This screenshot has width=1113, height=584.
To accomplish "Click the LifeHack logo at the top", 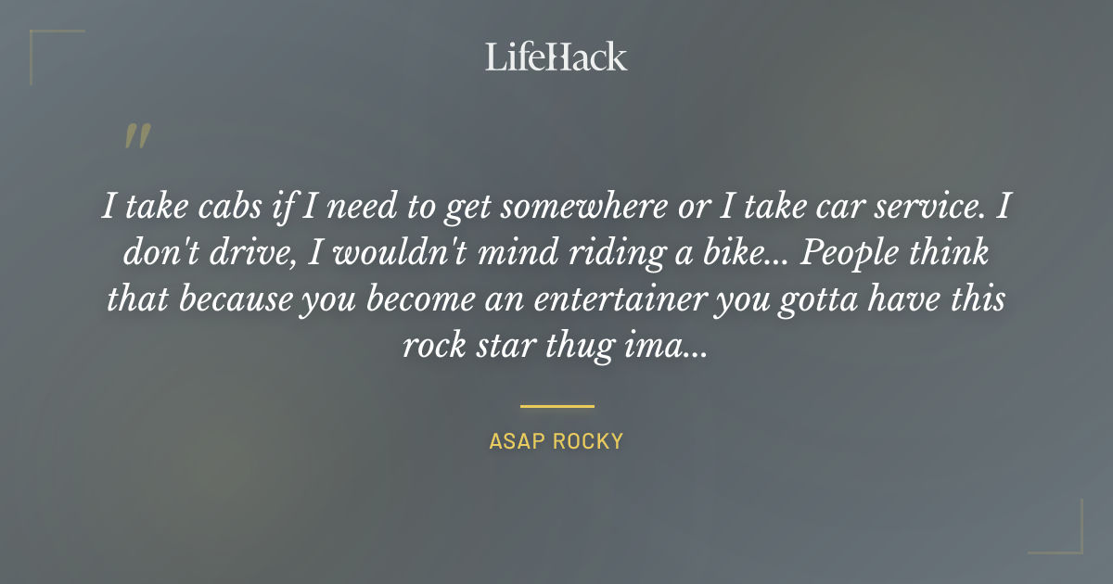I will (556, 57).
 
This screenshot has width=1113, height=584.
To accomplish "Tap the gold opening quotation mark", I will (137, 136).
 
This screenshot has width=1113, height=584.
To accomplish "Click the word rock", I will (432, 346).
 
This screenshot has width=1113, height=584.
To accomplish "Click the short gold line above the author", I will (556, 406).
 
